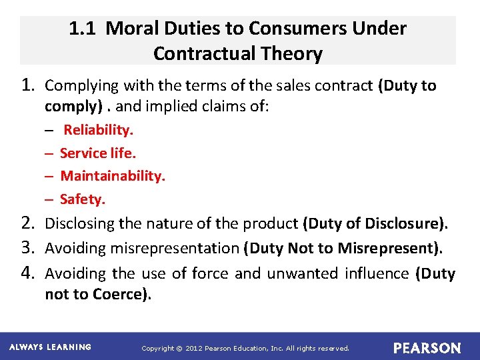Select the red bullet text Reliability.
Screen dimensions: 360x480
click(x=98, y=129)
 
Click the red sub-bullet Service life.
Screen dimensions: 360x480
click(x=97, y=153)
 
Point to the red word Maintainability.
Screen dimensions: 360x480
click(x=113, y=176)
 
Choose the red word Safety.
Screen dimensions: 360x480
click(x=83, y=199)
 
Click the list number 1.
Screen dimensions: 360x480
click(x=29, y=85)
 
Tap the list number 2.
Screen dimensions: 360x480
click(x=29, y=223)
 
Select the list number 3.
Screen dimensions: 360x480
click(x=29, y=248)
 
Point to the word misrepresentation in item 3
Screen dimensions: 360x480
click(x=179, y=249)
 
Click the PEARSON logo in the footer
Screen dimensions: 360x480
click(x=427, y=348)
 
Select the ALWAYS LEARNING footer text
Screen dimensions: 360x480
click(x=50, y=347)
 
